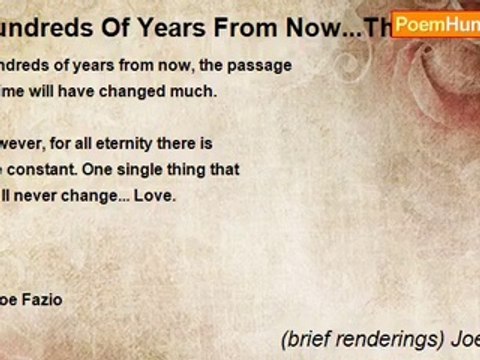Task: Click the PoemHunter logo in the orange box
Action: [439, 23]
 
